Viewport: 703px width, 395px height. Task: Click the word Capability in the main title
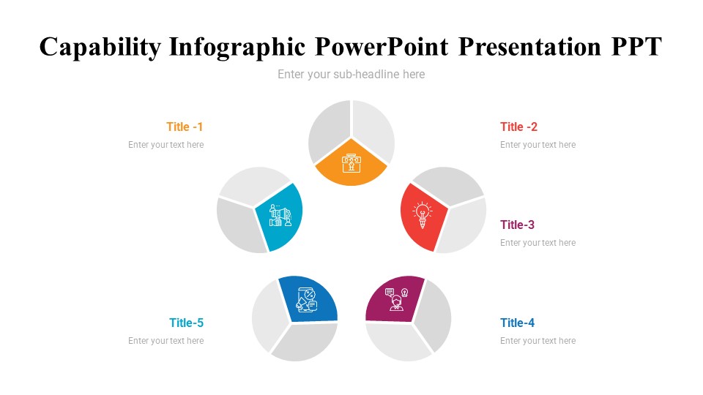tap(100, 47)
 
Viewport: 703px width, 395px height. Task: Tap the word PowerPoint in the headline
tap(382, 47)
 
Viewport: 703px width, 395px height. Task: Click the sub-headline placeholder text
tap(351, 75)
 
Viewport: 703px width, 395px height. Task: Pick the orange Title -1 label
tap(185, 127)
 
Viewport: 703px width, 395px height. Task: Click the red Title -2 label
tap(518, 127)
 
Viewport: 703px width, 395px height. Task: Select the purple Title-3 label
tap(518, 225)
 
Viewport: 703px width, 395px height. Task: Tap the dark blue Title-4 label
tap(518, 323)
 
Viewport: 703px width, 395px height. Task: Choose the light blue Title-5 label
tap(187, 323)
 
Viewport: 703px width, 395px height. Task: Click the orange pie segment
tap(351, 163)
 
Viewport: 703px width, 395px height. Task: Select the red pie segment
tap(423, 217)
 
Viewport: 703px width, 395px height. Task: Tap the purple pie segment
tap(395, 298)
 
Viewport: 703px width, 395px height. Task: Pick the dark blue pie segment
tap(308, 298)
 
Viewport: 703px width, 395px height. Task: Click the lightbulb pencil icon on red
tap(423, 215)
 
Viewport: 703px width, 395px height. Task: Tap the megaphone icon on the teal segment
tap(280, 215)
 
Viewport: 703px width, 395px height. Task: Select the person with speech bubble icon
tap(397, 299)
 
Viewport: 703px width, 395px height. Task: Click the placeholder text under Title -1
tap(166, 145)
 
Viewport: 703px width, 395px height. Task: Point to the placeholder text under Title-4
tap(538, 341)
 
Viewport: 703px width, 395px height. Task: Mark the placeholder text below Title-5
tap(166, 341)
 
